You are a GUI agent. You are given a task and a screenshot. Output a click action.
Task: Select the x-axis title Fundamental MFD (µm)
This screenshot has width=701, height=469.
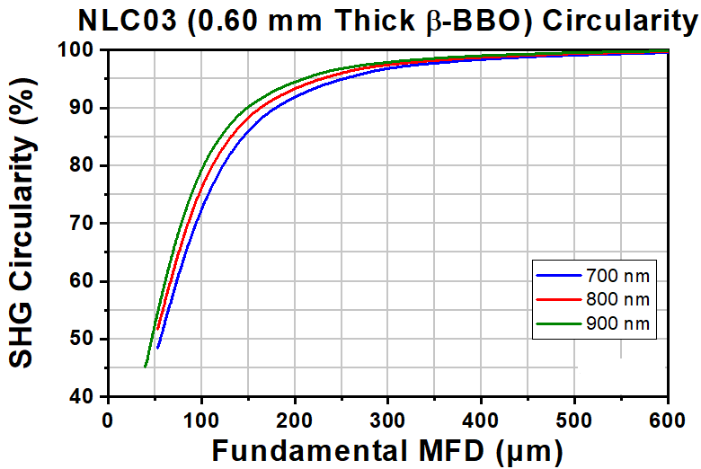[387, 449]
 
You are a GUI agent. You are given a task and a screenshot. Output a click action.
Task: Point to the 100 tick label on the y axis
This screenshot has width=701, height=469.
[81, 50]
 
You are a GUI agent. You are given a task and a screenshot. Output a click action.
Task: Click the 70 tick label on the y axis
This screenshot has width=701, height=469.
[85, 224]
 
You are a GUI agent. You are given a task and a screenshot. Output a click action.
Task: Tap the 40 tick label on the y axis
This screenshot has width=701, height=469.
[85, 397]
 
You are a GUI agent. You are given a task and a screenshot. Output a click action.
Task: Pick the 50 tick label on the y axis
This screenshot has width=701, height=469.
[85, 340]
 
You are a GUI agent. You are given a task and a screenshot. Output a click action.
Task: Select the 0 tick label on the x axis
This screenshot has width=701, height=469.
[108, 419]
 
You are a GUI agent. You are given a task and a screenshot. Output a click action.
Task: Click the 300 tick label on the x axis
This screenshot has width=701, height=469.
[387, 419]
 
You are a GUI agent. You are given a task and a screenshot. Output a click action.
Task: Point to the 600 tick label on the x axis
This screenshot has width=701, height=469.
[667, 419]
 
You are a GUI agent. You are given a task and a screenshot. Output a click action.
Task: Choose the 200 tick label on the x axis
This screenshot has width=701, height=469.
[295, 419]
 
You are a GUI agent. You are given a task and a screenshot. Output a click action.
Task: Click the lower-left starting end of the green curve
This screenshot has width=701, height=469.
[145, 366]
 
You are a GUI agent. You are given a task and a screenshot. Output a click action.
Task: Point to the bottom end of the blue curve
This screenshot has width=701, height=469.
[157, 347]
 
